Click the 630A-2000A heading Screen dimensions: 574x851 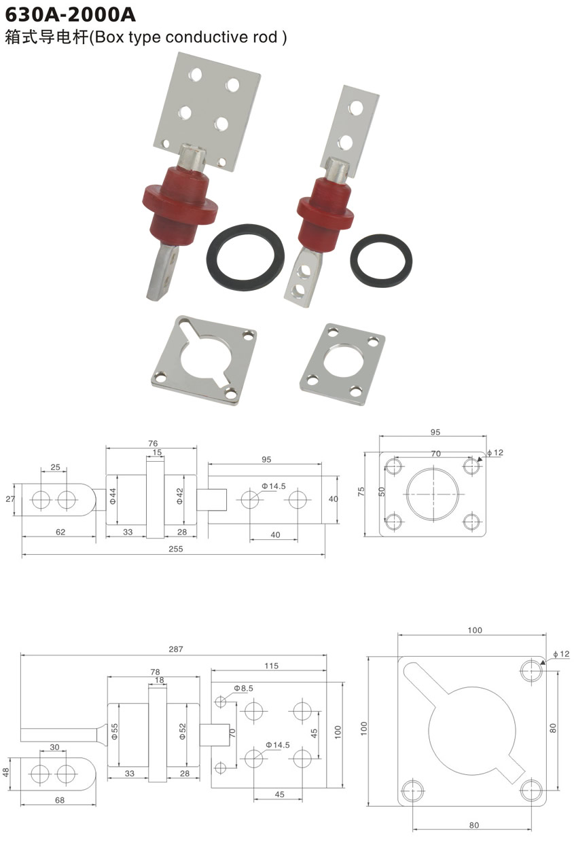pos(70,14)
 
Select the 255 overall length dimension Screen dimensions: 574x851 pos(175,549)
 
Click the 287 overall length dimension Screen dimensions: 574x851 pos(175,649)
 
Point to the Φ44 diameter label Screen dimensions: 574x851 pos(113,496)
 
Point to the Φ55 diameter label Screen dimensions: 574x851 pos(114,731)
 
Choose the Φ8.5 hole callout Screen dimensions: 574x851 pos(243,688)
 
